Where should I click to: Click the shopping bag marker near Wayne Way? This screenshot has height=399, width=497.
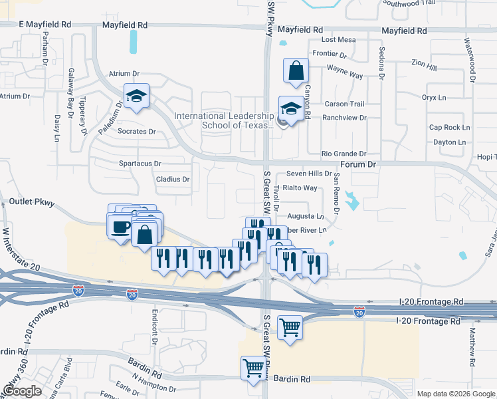pyautogui.click(x=296, y=70)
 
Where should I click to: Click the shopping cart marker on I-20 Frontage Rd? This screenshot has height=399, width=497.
pyautogui.click(x=290, y=327)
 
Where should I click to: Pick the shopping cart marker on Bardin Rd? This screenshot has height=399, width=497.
pyautogui.click(x=253, y=368)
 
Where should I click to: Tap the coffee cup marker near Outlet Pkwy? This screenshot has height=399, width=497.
pyautogui.click(x=120, y=227)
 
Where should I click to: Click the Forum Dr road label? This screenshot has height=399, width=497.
pyautogui.click(x=358, y=164)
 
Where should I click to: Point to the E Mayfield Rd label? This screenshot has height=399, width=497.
pyautogui.click(x=45, y=25)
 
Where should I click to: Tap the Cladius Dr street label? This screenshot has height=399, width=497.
pyautogui.click(x=173, y=180)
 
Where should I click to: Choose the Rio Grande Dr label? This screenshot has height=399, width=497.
pyautogui.click(x=344, y=154)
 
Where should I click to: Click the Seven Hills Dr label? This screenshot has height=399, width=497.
pyautogui.click(x=309, y=174)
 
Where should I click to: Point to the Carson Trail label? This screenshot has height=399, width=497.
pyautogui.click(x=344, y=104)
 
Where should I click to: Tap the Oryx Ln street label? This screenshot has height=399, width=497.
pyautogui.click(x=434, y=97)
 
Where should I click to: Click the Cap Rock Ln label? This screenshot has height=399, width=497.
pyautogui.click(x=449, y=127)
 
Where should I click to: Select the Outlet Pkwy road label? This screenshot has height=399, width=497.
pyautogui.click(x=31, y=201)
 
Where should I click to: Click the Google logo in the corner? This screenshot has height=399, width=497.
pyautogui.click(x=22, y=391)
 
